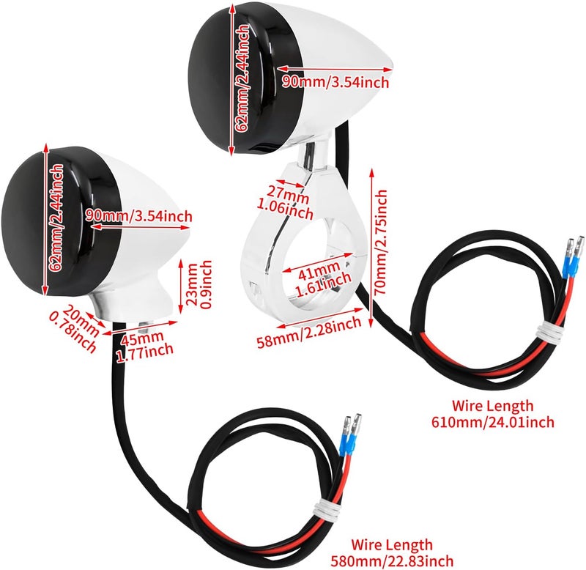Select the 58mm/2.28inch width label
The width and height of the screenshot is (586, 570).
pyautogui.click(x=309, y=332)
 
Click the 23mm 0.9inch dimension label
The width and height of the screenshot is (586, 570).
pyautogui.click(x=199, y=285)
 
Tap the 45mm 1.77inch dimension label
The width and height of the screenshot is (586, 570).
pyautogui.click(x=144, y=347)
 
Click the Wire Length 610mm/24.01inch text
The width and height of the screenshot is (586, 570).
pyautogui.click(x=493, y=414)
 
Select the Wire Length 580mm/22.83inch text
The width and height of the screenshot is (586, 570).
pyautogui.click(x=392, y=553)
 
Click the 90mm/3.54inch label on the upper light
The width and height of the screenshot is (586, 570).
pyautogui.click(x=335, y=82)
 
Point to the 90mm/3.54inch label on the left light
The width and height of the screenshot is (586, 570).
pyautogui.click(x=138, y=216)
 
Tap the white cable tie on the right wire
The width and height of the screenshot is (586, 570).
pyautogui.click(x=549, y=333)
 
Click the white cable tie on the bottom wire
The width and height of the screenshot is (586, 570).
pyautogui.click(x=326, y=510)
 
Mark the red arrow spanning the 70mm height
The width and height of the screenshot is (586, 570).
pyautogui.click(x=371, y=248)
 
